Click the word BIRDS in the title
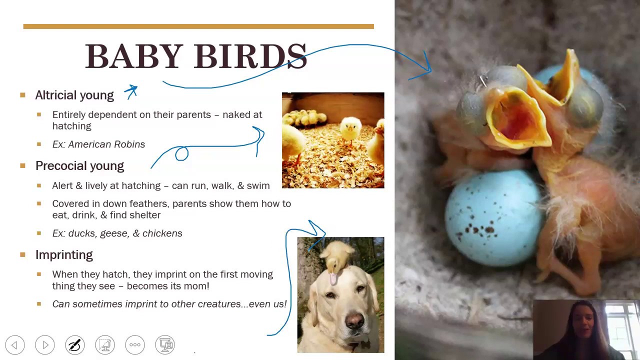(250, 56)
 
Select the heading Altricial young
(74, 95)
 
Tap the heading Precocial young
(79, 166)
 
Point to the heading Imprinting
(64, 255)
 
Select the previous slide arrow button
(14, 345)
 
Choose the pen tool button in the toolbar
(75, 345)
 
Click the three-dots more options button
(135, 345)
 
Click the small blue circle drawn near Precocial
(181, 153)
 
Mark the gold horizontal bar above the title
(198, 26)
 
